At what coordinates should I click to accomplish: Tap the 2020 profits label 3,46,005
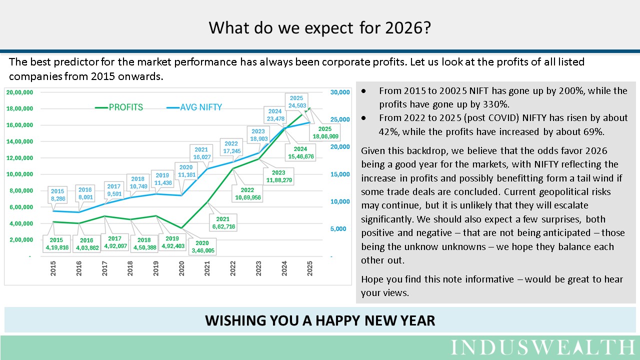click(x=202, y=247)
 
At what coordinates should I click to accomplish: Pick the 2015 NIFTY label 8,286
click(x=57, y=194)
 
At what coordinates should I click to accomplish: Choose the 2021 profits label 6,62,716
click(x=223, y=223)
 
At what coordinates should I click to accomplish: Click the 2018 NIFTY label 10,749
click(x=138, y=182)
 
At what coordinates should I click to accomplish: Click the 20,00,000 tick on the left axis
click(x=20, y=92)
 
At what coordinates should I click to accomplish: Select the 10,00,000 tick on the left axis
click(x=20, y=174)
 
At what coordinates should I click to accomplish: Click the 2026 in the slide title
click(x=406, y=27)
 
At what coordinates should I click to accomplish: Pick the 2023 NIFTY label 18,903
click(x=258, y=134)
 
